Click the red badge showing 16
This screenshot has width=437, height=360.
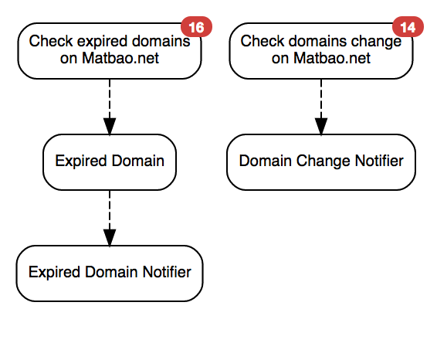(x=197, y=29)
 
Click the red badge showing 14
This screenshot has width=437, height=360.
(x=407, y=29)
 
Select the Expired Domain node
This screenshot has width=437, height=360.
(x=109, y=161)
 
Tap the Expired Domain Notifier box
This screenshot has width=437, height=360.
(x=109, y=272)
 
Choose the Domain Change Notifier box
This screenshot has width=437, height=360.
(x=320, y=161)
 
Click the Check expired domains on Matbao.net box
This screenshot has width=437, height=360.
(x=109, y=50)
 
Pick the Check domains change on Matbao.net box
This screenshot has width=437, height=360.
(x=320, y=50)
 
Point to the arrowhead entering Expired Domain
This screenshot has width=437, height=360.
(x=109, y=125)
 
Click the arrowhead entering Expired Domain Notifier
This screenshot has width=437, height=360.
(x=109, y=236)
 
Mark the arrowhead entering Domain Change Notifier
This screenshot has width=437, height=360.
(x=320, y=125)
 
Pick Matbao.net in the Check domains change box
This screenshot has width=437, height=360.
(x=332, y=59)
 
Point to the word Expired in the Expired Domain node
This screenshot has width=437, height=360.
(x=76, y=161)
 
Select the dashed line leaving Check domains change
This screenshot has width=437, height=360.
(x=320, y=97)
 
